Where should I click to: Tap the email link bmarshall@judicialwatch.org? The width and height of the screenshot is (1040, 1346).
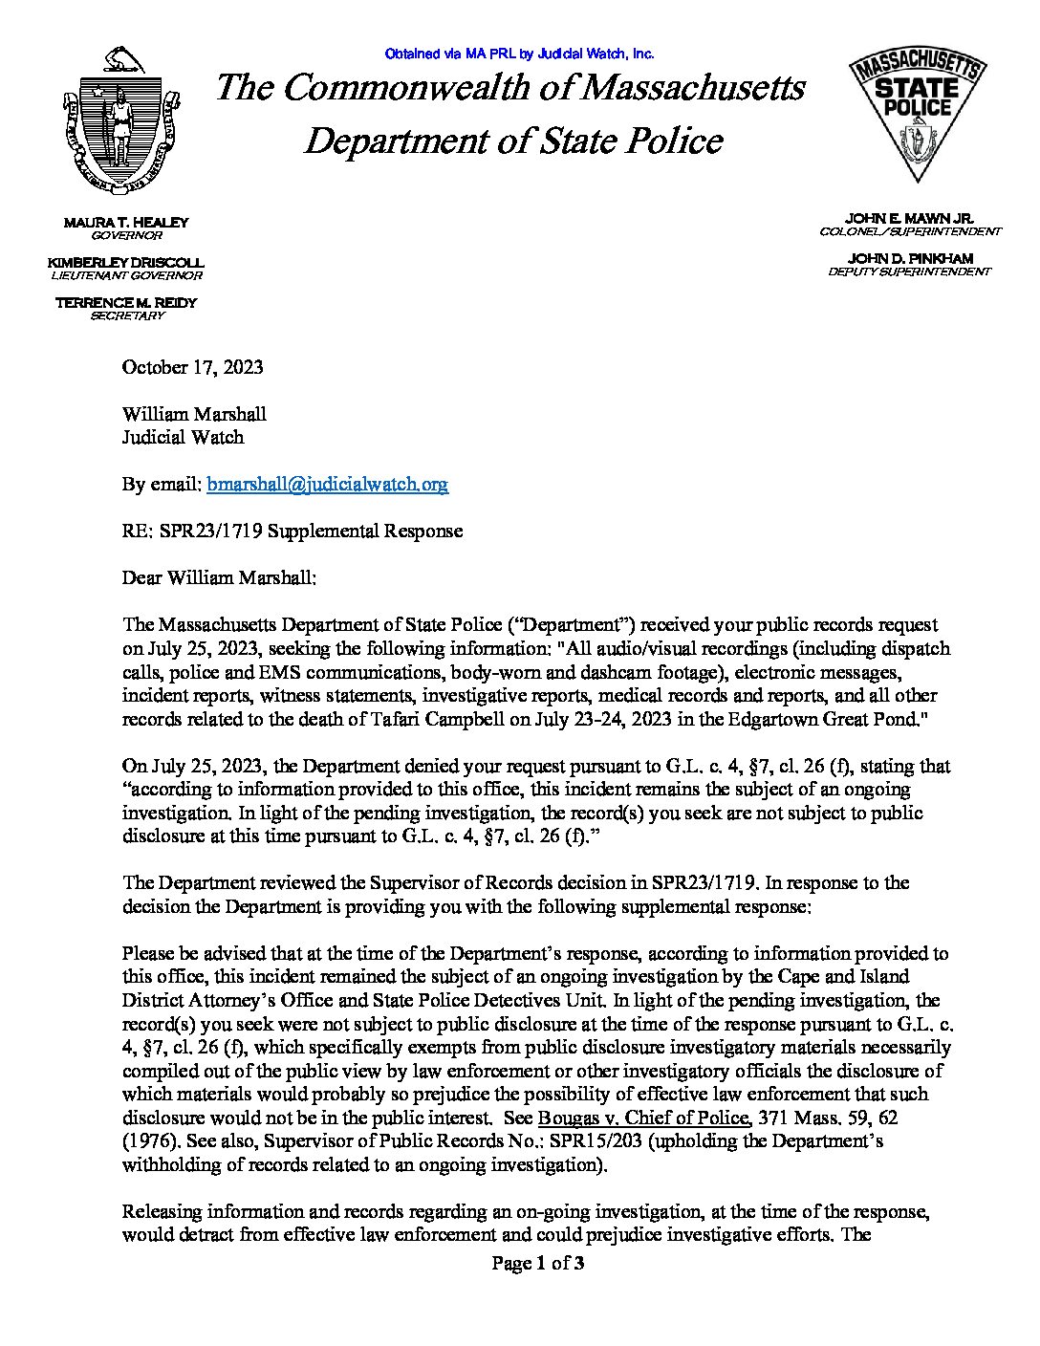click(x=327, y=485)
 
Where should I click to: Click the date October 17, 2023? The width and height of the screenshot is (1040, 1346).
click(x=192, y=368)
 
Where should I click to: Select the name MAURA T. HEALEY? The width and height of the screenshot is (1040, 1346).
click(x=126, y=223)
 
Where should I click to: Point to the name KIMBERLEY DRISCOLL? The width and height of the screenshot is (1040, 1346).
click(x=126, y=262)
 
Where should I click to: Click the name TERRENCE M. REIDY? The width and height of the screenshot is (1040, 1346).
click(x=126, y=302)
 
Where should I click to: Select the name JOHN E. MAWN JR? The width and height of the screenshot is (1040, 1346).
click(x=910, y=219)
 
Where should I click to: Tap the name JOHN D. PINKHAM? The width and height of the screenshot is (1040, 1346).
click(x=910, y=259)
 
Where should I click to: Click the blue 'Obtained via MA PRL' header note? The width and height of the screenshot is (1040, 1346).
click(x=519, y=54)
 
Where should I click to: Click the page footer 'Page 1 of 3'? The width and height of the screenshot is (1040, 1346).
click(x=538, y=1264)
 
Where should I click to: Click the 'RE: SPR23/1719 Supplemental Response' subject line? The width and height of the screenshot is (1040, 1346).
click(x=292, y=532)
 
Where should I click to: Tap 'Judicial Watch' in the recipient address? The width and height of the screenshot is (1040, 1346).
click(x=183, y=438)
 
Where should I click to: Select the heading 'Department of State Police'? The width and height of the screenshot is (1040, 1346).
click(x=512, y=141)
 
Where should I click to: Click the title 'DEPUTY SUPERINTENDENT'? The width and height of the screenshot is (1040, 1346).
click(x=910, y=272)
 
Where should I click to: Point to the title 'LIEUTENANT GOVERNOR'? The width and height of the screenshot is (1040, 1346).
click(x=126, y=275)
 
